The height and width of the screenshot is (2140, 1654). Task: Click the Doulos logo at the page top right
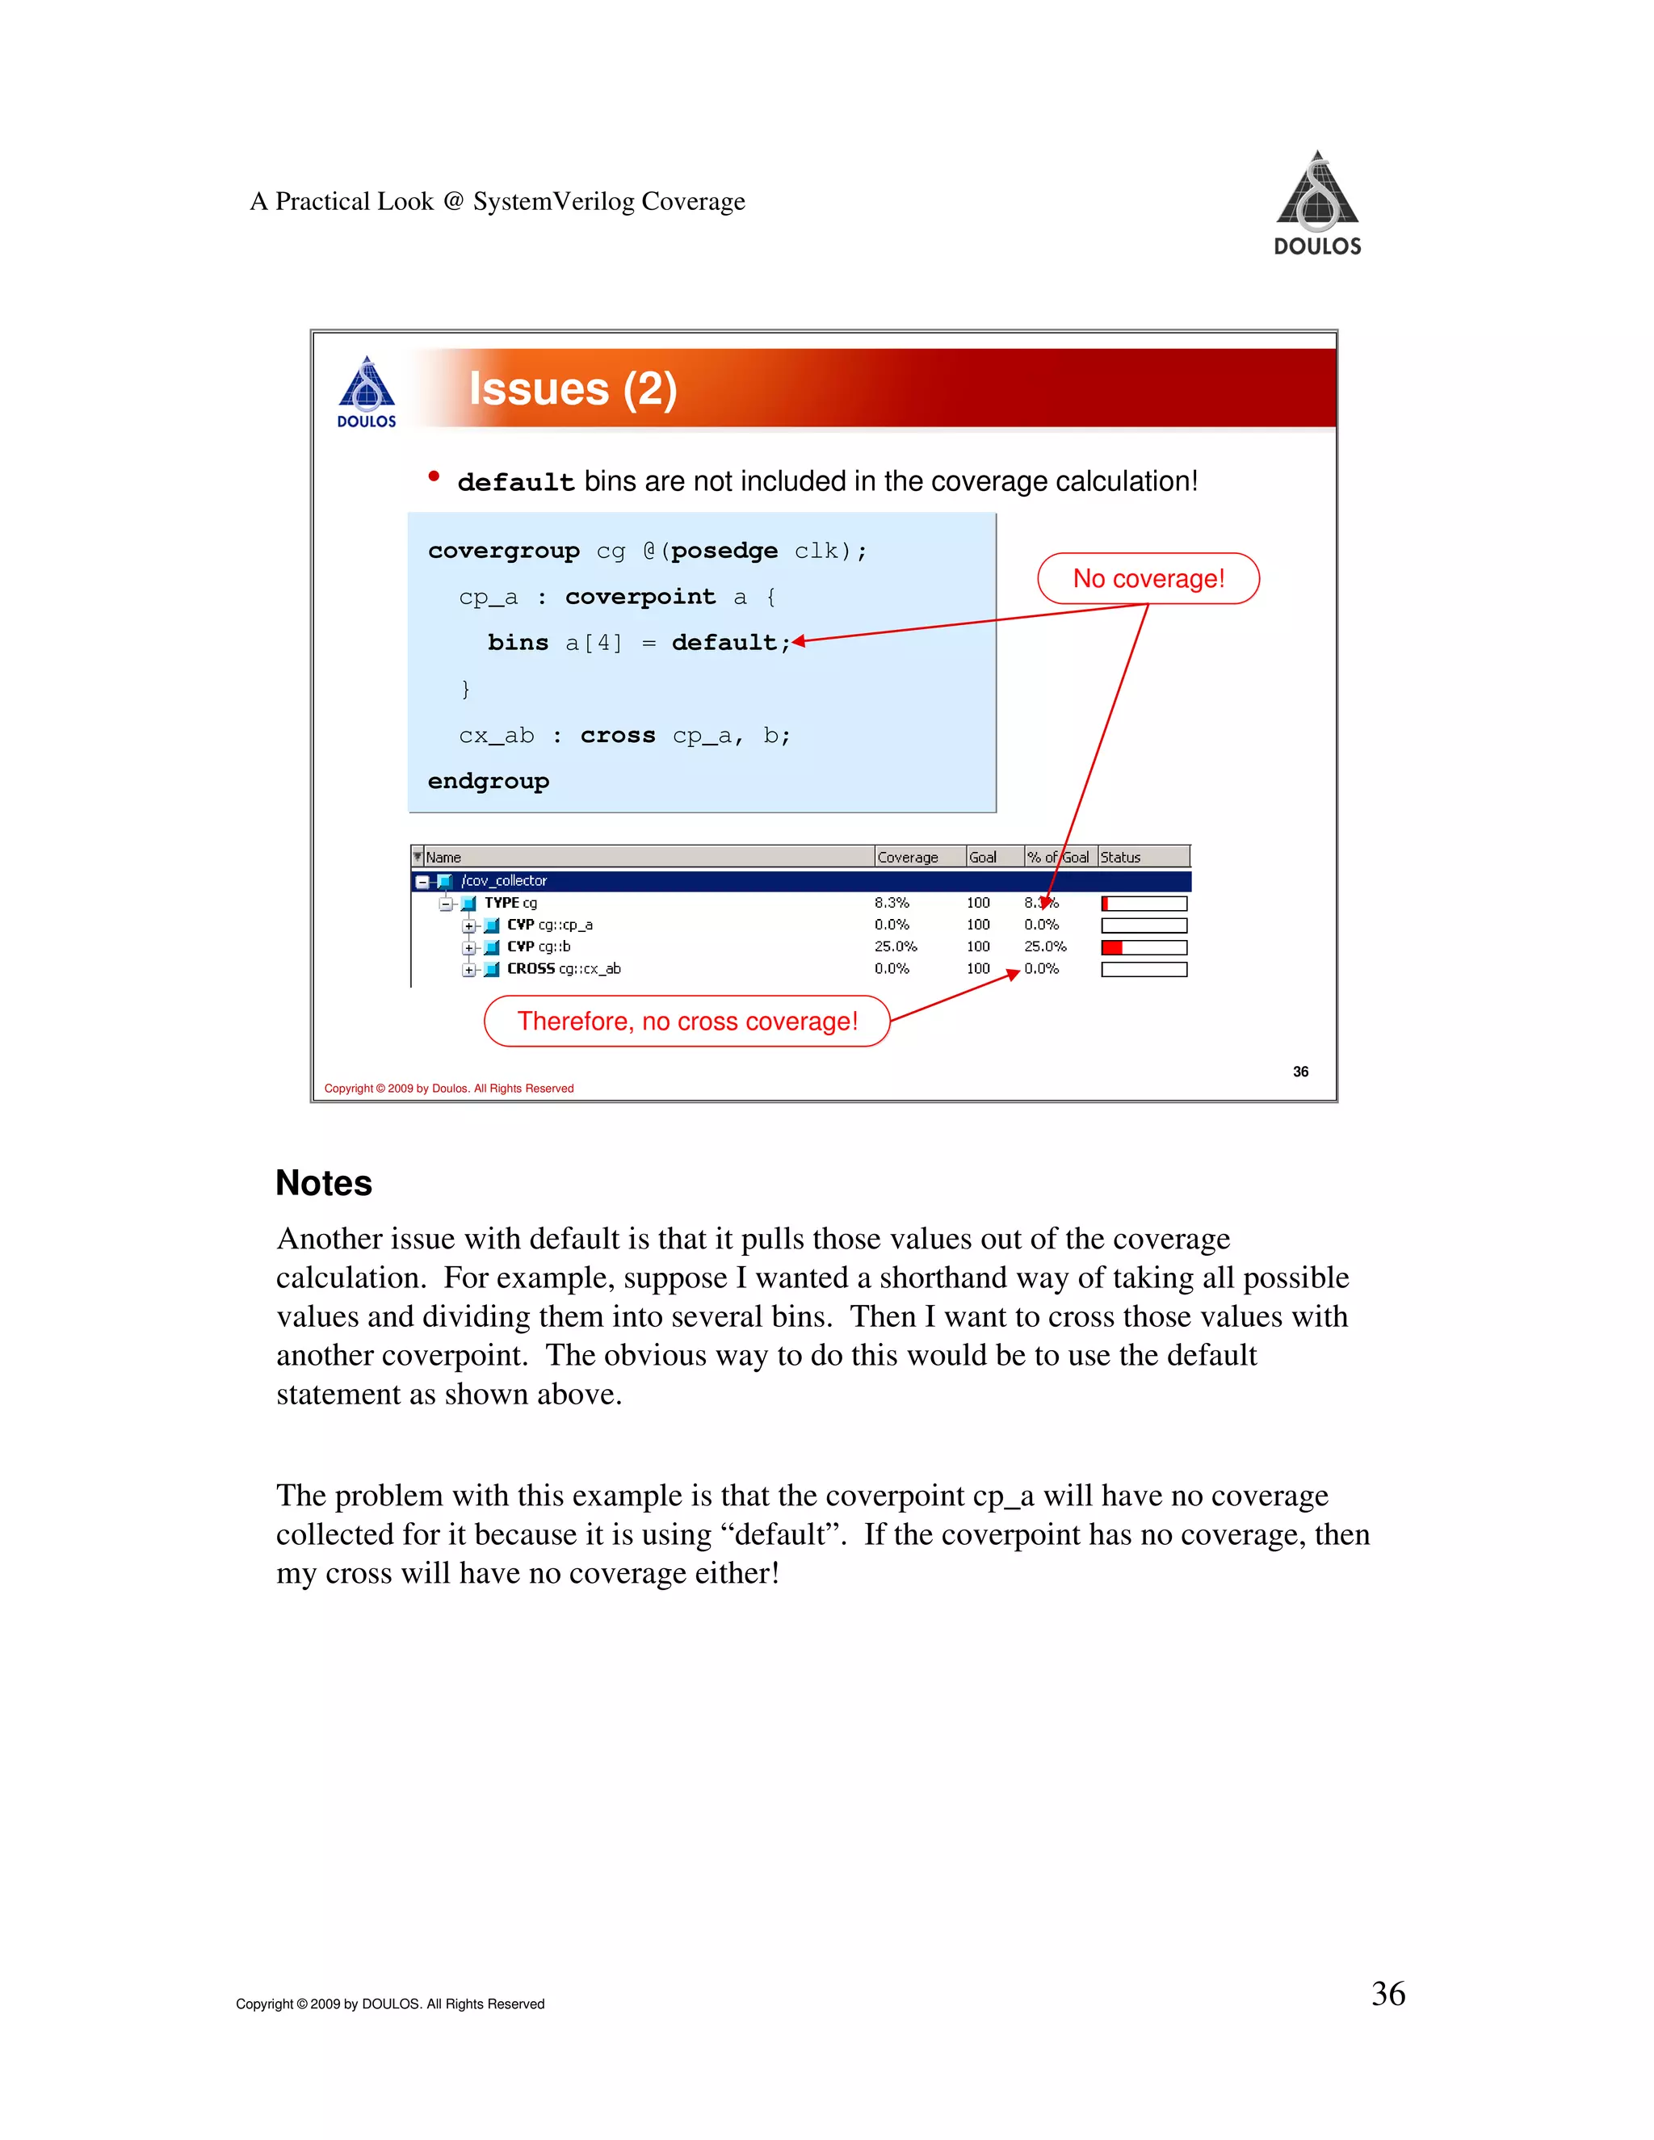click(1317, 203)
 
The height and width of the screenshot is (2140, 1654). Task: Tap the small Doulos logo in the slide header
click(367, 392)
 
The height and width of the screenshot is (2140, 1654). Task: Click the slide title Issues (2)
click(573, 389)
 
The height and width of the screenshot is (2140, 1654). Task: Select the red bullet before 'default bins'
click(434, 477)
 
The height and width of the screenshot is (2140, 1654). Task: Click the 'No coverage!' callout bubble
click(1148, 578)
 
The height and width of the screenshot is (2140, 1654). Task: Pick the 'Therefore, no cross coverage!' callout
click(687, 1021)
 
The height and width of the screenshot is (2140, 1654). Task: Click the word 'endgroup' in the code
click(488, 781)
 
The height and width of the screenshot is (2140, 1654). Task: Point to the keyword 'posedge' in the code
click(724, 551)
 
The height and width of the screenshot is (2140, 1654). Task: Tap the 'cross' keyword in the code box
click(617, 735)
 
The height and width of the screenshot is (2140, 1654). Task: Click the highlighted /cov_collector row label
click(504, 881)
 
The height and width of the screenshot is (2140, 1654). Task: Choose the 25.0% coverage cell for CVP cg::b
click(896, 946)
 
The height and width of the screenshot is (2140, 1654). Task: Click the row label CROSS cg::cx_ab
click(564, 968)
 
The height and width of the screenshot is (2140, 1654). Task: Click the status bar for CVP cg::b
click(1144, 947)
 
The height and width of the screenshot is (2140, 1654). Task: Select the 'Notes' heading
click(323, 1183)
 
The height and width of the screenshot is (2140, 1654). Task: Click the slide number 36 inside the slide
click(1300, 1071)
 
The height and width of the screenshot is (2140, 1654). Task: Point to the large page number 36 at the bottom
click(1387, 1994)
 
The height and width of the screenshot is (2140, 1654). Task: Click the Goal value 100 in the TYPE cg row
click(978, 903)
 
